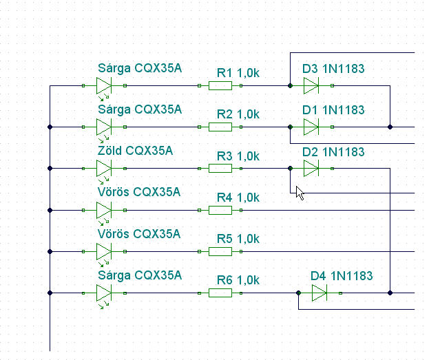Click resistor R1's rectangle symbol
(x=220, y=85)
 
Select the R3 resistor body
(x=220, y=168)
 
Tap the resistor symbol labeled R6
(x=220, y=293)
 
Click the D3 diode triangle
(x=311, y=85)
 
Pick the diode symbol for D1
(x=311, y=127)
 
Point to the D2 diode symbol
(x=311, y=168)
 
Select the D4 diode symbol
(x=320, y=293)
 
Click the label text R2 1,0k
(x=238, y=114)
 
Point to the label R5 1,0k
(x=238, y=239)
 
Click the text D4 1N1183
(x=342, y=276)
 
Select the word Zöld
(x=109, y=151)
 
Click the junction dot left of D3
(x=291, y=85)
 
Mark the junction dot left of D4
(x=298, y=293)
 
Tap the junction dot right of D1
(x=390, y=127)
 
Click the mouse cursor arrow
(x=300, y=193)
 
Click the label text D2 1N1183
(x=333, y=152)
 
